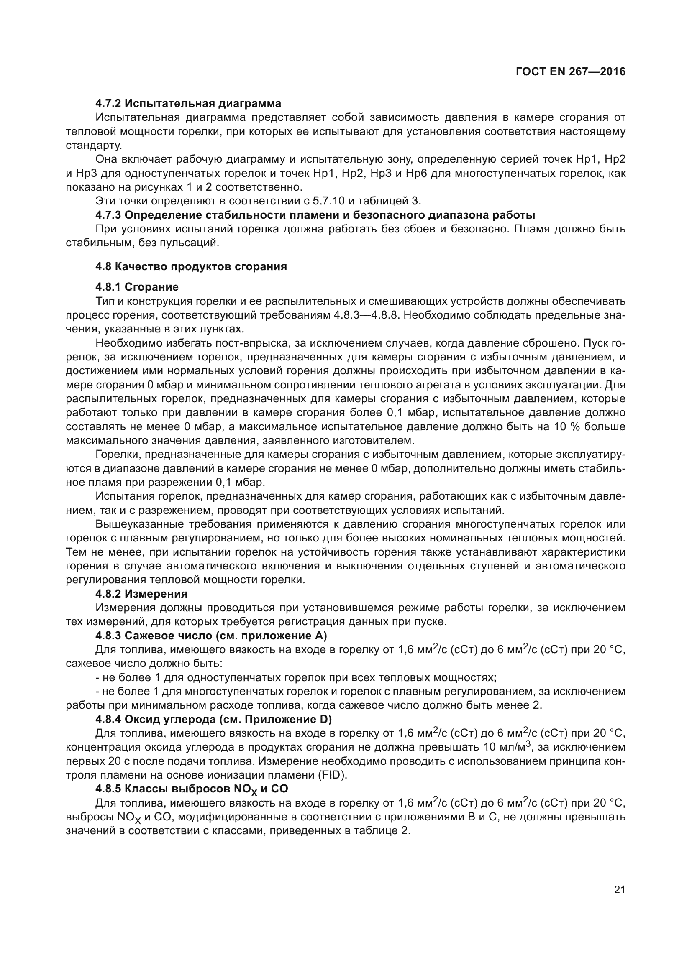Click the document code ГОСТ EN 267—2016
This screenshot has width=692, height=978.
click(571, 71)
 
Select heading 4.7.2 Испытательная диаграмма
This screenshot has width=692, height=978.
click(188, 104)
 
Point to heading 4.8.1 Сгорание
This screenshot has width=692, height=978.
click(137, 287)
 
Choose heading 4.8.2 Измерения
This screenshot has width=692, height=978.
click(141, 594)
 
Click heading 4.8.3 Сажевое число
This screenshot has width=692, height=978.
click(211, 636)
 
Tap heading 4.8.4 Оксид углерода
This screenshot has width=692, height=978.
click(213, 720)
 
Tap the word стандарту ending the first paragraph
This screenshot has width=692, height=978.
click(94, 145)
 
